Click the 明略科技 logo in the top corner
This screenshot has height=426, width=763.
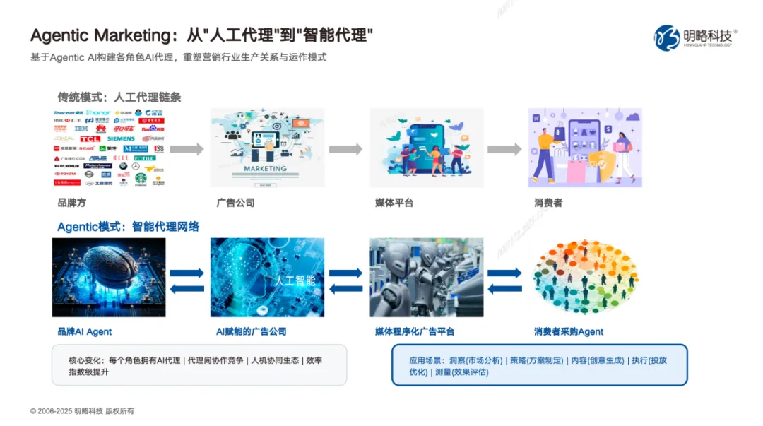tap(695, 37)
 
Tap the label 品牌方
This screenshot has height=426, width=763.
tap(71, 203)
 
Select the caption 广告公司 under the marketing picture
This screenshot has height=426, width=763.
tap(235, 203)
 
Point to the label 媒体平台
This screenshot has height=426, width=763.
tap(394, 203)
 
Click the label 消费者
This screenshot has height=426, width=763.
tap(548, 203)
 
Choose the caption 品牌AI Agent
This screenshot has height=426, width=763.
tap(85, 331)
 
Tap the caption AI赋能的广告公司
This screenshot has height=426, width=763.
tap(251, 331)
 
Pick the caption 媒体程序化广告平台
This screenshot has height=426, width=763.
tap(415, 331)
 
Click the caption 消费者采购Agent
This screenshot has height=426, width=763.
tap(569, 331)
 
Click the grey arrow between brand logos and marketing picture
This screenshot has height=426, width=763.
tap(187, 149)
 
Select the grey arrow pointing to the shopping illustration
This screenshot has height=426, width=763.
tap(504, 149)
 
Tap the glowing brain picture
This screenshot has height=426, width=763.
tap(109, 277)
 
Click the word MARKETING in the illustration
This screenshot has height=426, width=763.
tap(265, 169)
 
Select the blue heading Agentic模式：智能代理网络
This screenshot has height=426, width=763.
tap(128, 227)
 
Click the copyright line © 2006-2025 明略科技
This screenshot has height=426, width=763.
tap(82, 411)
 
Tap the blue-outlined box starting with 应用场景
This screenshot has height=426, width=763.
tap(540, 365)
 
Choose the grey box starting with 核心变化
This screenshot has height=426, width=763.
tap(199, 365)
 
